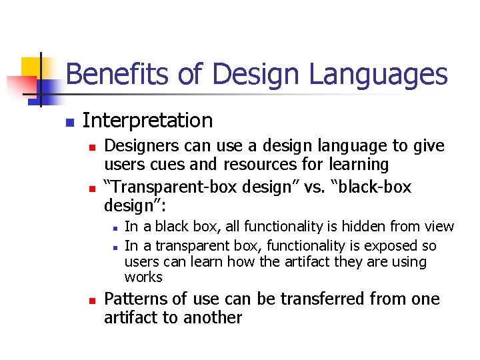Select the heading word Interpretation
click(147, 121)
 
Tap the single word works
click(143, 277)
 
